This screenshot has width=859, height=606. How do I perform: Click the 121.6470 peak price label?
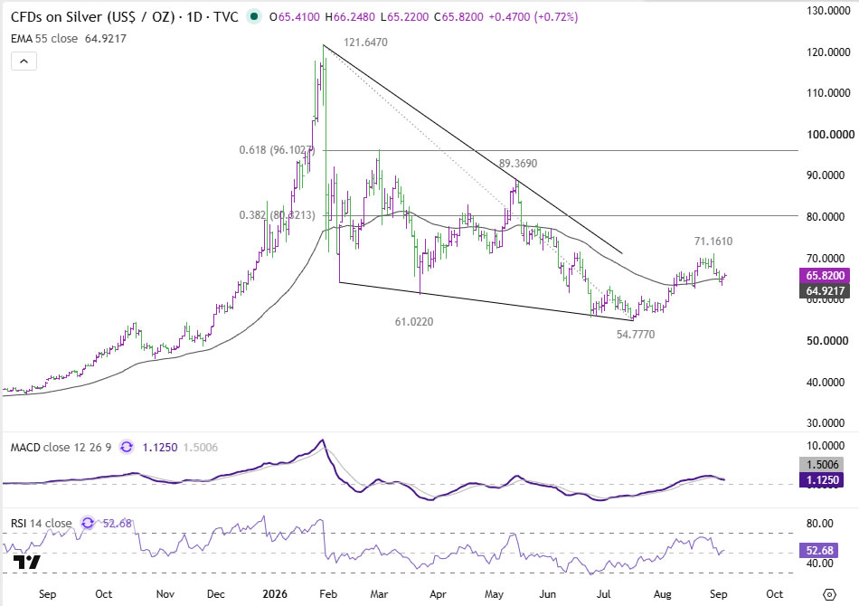365,43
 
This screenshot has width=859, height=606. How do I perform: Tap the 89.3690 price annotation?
518,164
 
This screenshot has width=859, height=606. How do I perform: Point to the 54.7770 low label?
636,335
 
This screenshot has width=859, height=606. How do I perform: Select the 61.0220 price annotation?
414,322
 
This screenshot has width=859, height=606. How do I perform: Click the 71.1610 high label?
713,241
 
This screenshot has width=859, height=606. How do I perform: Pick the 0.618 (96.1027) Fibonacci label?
278,150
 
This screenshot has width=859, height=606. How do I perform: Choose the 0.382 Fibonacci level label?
278,215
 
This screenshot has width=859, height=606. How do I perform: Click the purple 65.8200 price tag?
825,276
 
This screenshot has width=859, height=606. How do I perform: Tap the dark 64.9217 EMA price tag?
825,291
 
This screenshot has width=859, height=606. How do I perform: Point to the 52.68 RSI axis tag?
819,550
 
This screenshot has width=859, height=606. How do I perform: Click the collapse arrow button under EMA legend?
24,62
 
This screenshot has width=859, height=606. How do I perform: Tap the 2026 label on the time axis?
275,594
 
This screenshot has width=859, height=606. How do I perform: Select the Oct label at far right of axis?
774,594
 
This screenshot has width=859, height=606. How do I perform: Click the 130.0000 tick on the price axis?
828,11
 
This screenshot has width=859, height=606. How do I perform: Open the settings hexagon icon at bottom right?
829,594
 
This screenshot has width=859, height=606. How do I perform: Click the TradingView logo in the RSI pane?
27,562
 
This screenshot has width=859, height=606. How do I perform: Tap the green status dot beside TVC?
254,17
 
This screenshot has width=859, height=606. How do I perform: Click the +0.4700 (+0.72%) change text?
533,17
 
